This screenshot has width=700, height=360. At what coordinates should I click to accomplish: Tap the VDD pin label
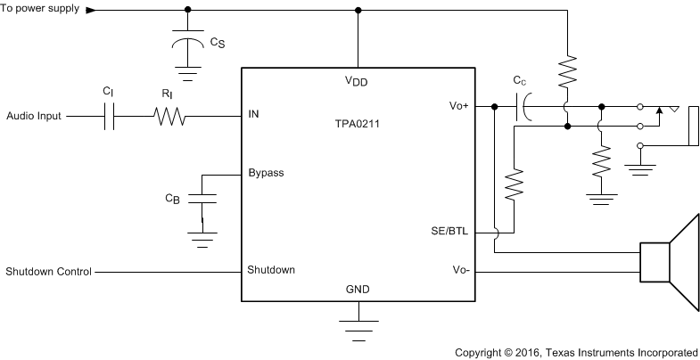coord(358,80)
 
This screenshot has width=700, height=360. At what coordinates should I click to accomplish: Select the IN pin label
coord(254,115)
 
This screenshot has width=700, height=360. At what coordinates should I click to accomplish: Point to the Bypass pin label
coord(266,173)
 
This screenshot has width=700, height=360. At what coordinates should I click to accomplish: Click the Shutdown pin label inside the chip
coord(271,269)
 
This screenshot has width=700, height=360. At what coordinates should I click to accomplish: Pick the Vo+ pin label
coord(459,105)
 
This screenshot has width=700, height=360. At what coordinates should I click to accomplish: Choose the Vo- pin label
coord(461,269)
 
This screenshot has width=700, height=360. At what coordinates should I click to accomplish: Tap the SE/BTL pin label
coord(451,231)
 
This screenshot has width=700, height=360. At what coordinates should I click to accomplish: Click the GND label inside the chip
coord(357,290)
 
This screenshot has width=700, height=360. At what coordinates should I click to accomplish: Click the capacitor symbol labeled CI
coord(109,116)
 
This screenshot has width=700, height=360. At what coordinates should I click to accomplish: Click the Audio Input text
coord(34,116)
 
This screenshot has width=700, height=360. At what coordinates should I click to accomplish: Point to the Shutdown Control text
coord(48,270)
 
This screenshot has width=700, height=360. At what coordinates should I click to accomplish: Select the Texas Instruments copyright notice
coord(576,351)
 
